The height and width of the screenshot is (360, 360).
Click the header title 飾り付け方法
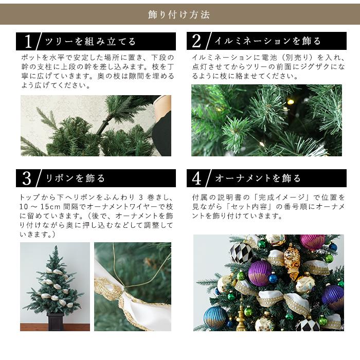pos(179,14)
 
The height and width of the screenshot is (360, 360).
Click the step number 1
pos(28,41)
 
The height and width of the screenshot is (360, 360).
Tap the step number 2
pos(197,41)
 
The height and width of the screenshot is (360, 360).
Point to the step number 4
pos(197,178)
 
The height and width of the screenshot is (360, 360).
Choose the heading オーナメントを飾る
pos(258,178)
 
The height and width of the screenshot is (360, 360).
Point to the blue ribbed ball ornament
pos(215,317)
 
